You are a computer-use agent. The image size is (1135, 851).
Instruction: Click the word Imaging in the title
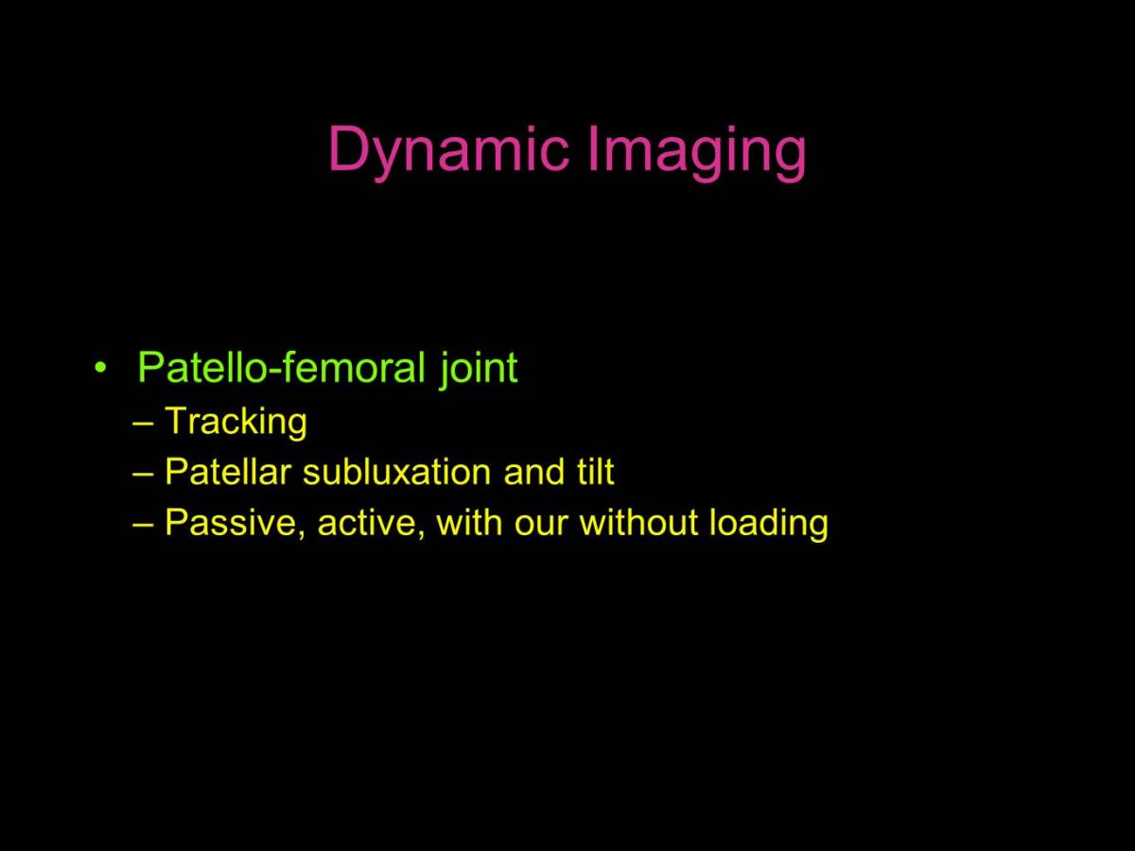(697, 151)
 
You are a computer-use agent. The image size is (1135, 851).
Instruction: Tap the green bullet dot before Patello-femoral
(100, 368)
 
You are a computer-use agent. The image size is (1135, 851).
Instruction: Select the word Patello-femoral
(281, 367)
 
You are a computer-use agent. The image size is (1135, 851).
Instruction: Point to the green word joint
(479, 370)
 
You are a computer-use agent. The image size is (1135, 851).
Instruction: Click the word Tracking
(236, 422)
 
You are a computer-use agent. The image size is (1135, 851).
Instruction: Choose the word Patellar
(228, 471)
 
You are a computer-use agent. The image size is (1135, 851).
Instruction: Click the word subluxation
(396, 471)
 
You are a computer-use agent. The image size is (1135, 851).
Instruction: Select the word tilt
(595, 471)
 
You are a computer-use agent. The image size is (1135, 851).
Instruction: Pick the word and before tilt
(534, 471)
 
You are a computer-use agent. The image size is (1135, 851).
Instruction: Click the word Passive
(236, 523)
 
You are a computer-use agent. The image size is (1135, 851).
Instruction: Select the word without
(639, 522)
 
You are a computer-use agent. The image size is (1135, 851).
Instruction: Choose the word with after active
(470, 522)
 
